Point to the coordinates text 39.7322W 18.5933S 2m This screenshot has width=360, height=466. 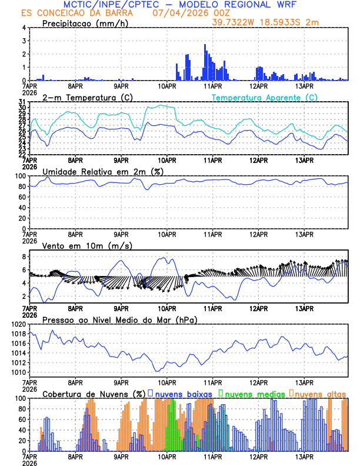click(x=266, y=22)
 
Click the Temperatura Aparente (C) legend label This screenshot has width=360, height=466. click(x=264, y=97)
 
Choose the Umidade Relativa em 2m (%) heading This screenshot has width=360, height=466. click(x=103, y=171)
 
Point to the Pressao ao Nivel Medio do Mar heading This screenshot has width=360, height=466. click(x=120, y=319)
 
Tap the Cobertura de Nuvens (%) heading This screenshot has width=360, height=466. click(x=94, y=394)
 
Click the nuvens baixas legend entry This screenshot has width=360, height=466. click(x=183, y=394)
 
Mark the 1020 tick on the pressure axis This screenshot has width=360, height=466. click(x=18, y=324)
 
